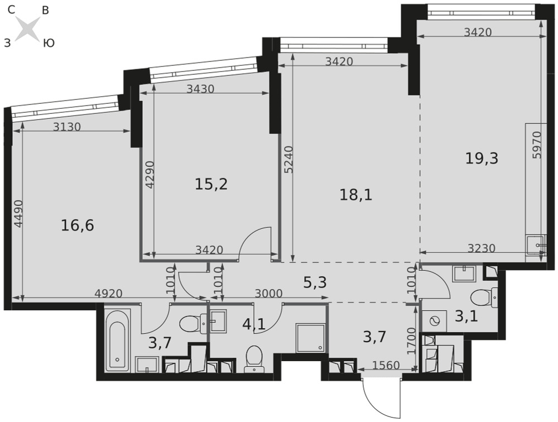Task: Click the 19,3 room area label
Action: (482, 159)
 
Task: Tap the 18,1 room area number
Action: (356, 195)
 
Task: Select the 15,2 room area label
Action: (211, 184)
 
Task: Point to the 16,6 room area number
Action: (78, 226)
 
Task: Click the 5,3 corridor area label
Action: (315, 283)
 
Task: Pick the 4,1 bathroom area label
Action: (254, 324)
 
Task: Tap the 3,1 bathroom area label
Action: (466, 316)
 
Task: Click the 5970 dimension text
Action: (537, 145)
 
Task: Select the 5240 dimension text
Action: (289, 160)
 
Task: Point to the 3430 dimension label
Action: (201, 89)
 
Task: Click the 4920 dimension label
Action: (109, 294)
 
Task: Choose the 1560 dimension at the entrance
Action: (386, 365)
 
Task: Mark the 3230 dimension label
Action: (481, 248)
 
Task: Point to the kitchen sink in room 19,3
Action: (536, 246)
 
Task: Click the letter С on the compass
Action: (11, 11)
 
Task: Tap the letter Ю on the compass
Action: (49, 44)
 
